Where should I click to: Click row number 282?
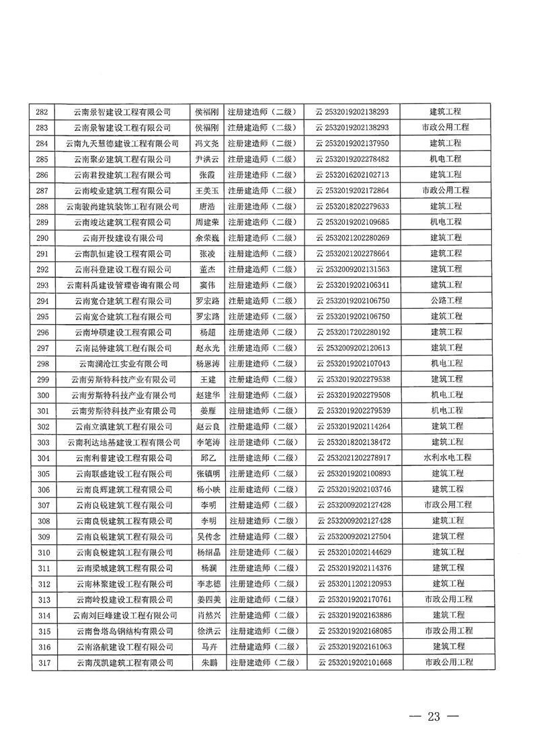click(x=42, y=112)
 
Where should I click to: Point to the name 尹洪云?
click(x=206, y=160)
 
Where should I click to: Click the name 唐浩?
click(x=206, y=207)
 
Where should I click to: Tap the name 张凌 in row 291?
click(x=206, y=254)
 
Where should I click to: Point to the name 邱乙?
click(x=206, y=458)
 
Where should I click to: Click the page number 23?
click(x=433, y=717)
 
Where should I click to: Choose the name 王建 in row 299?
click(x=206, y=379)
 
